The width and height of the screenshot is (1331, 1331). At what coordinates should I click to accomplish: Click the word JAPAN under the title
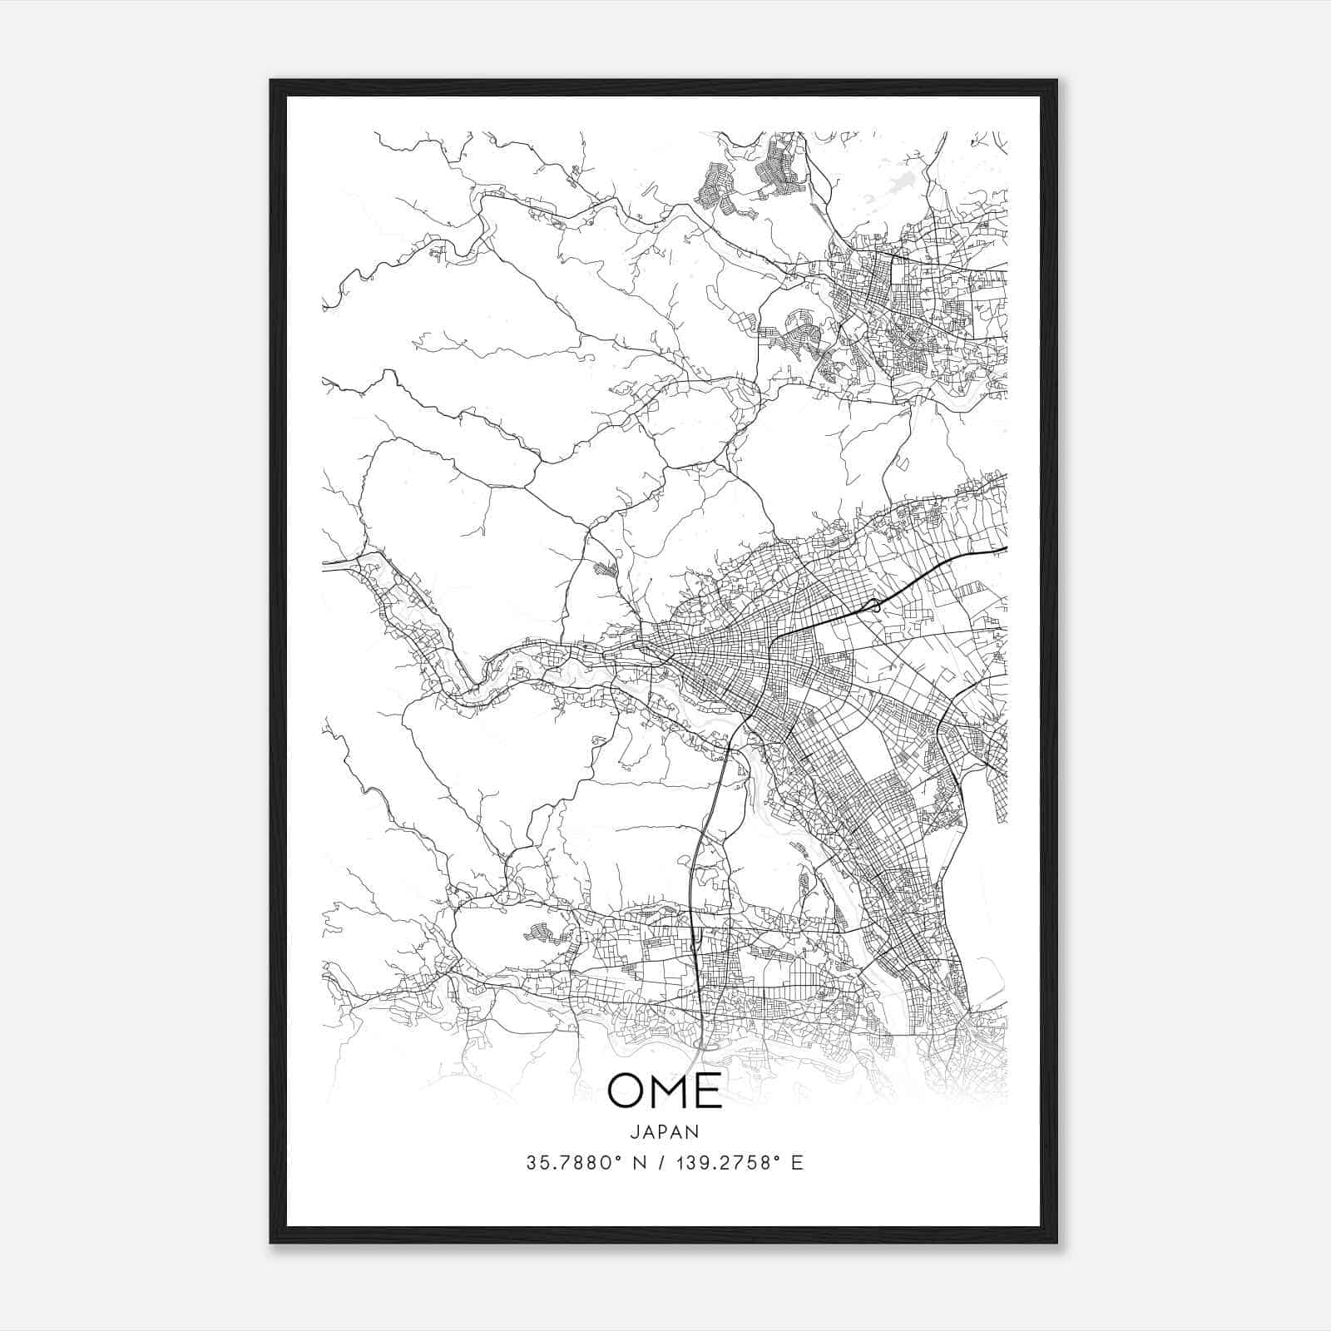tap(665, 1132)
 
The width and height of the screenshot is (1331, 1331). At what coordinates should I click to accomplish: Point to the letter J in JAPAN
tap(634, 1132)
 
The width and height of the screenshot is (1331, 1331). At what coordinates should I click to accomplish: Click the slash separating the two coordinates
tap(660, 1163)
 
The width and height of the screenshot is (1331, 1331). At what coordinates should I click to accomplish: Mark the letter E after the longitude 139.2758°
tap(798, 1163)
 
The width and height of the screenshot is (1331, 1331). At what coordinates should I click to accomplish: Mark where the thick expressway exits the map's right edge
tap(1006, 549)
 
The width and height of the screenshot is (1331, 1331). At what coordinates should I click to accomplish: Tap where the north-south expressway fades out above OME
tap(703, 1050)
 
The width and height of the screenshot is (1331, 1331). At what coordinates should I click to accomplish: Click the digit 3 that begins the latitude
tap(531, 1163)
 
